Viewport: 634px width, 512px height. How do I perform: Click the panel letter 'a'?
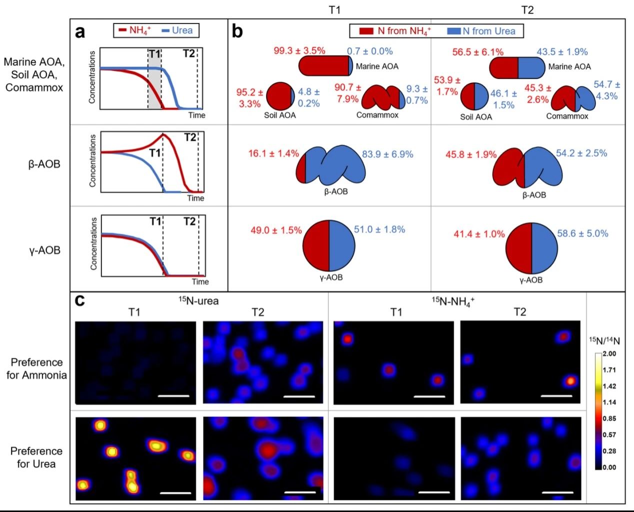coord(80,32)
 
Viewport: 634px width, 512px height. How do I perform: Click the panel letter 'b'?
coord(237,32)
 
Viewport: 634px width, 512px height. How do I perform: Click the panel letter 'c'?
coord(79,301)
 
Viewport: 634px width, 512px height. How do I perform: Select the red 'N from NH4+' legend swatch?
coord(366,31)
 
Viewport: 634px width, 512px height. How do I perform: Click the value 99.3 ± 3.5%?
coord(299,51)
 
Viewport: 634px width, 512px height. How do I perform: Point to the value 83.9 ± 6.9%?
coord(387,154)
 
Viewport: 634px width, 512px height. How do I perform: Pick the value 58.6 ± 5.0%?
coord(582,233)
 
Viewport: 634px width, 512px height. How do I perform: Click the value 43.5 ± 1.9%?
coord(562,51)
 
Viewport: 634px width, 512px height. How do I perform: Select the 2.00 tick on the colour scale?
coord(609,354)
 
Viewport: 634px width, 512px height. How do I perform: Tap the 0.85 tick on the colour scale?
coord(609,419)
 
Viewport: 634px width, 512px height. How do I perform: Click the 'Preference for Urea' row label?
coord(36,457)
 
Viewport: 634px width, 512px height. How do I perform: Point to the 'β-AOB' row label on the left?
coord(44,164)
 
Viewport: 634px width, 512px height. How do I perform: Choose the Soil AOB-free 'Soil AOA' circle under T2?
coord(474,96)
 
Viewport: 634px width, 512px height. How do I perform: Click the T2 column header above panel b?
coord(527,10)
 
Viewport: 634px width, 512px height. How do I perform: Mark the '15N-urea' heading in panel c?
coord(198,301)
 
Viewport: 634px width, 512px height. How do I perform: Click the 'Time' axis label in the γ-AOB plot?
coord(200,282)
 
